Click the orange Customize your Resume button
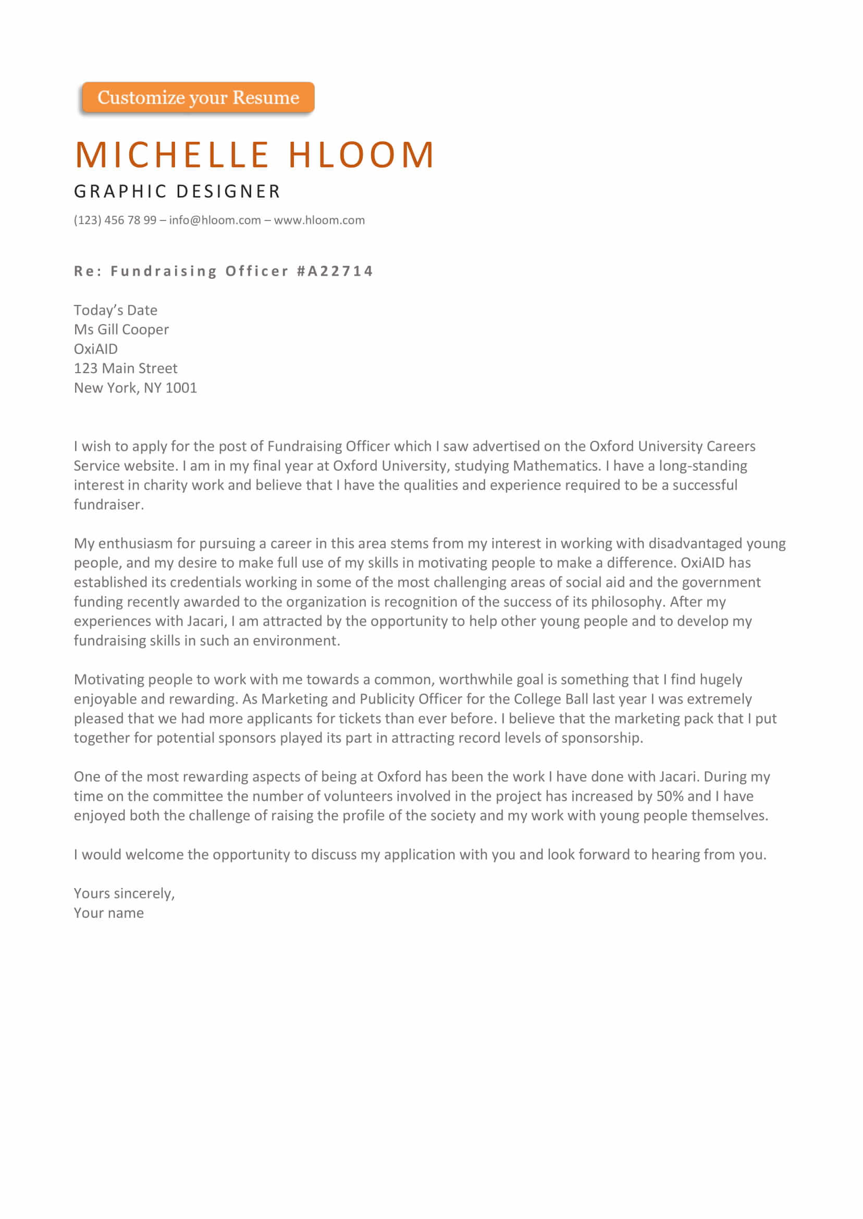tap(198, 97)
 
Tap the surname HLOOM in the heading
tap(361, 155)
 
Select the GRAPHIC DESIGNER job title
tap(177, 191)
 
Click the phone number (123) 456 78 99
tap(115, 220)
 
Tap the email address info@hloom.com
tap(215, 220)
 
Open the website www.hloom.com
tap(319, 220)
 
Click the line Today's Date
tap(115, 310)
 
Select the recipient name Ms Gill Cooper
tap(121, 329)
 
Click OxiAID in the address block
tap(96, 349)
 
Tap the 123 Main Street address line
tap(126, 368)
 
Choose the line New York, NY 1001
tap(135, 388)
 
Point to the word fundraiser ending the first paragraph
tap(108, 504)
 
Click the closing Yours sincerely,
tap(124, 893)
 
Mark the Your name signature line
tap(108, 913)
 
